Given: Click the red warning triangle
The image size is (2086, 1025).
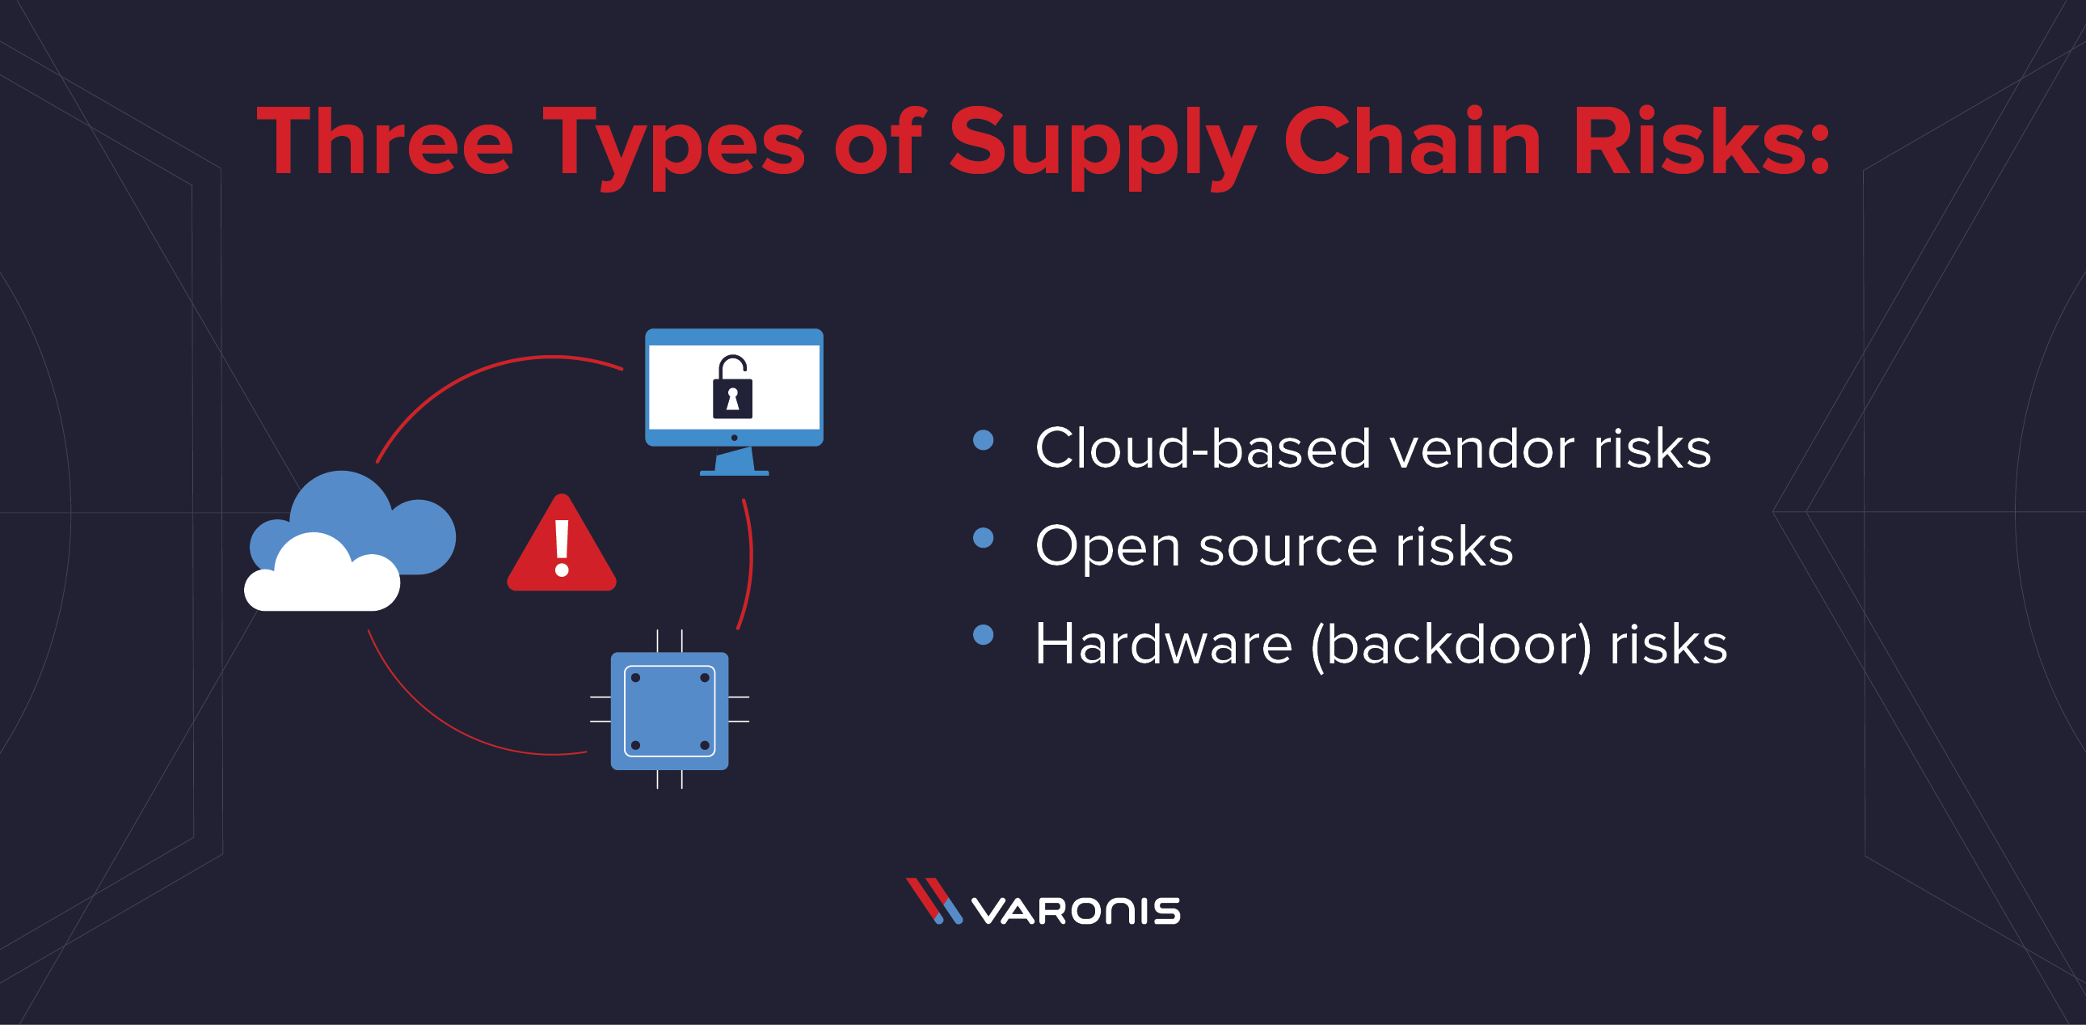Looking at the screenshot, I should click(561, 547).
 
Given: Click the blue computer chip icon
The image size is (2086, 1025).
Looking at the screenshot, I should click(670, 710).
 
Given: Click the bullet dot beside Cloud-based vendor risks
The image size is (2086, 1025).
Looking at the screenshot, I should click(983, 440).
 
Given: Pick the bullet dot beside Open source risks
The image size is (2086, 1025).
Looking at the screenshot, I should click(983, 538).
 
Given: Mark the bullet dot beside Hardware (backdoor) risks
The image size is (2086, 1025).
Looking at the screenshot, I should click(983, 634).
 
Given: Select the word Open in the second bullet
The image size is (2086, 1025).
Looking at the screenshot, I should click(1107, 547).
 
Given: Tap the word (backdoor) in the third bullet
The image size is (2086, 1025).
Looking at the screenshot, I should click(1450, 645).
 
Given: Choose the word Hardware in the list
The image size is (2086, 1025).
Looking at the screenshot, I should click(1163, 644).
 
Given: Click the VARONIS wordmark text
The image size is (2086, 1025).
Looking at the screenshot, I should click(1077, 910).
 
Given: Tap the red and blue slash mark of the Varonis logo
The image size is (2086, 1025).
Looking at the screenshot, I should click(933, 901).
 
